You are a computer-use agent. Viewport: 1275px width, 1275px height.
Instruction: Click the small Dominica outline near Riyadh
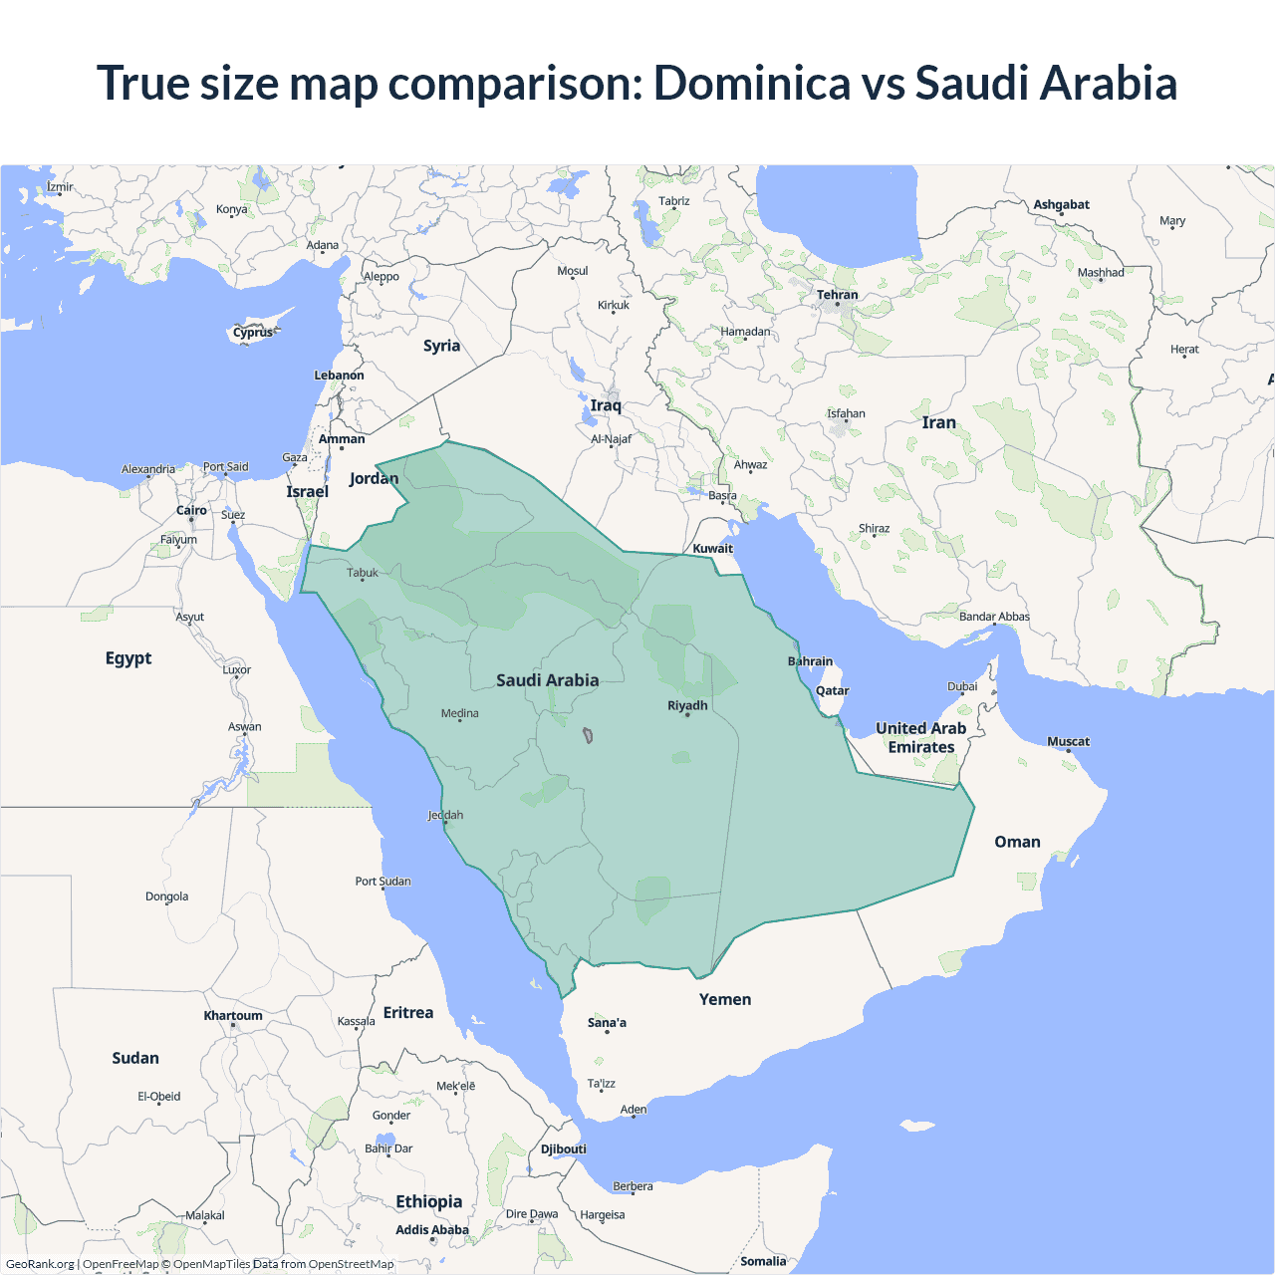coord(588,736)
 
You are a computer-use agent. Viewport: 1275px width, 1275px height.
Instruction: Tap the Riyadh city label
coord(687,705)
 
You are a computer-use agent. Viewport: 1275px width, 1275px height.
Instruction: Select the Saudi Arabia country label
coord(547,680)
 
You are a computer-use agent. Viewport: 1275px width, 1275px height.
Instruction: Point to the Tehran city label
coord(837,295)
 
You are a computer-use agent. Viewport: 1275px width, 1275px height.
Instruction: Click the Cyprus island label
coord(253,333)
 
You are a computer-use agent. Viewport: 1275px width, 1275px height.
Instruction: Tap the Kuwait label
coord(712,548)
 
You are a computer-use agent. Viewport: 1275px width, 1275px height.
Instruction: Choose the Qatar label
coord(832,690)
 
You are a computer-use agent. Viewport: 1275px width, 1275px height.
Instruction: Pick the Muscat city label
coord(1068,741)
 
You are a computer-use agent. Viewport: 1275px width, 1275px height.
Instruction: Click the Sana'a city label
coord(607,1022)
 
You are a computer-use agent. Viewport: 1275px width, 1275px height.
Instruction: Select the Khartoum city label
coord(233,1015)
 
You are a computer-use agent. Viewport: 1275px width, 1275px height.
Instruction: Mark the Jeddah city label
coord(445,815)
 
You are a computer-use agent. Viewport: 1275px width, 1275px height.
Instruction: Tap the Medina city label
coord(459,713)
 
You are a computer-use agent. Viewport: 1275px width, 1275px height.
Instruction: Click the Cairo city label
coord(191,510)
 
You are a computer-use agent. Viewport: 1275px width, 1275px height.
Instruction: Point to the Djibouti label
coord(563,1148)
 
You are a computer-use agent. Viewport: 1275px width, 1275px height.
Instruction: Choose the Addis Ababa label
coord(431,1229)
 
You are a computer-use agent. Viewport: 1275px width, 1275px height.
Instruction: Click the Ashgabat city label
coord(1061,204)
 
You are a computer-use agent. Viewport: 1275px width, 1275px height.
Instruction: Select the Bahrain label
coord(810,661)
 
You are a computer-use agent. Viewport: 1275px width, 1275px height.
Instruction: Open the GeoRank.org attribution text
coord(40,1264)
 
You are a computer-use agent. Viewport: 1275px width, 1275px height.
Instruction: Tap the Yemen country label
coord(724,999)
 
